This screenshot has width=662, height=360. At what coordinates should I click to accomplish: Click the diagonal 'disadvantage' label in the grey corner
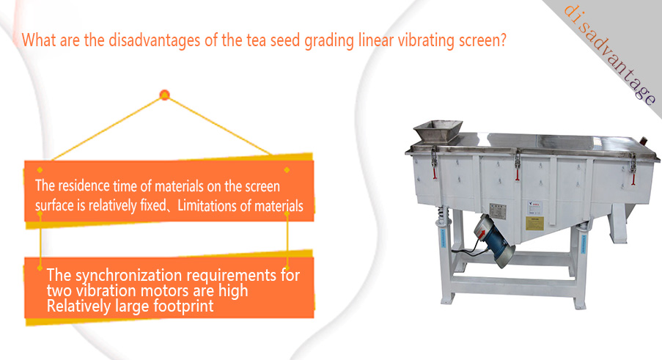[x=610, y=54]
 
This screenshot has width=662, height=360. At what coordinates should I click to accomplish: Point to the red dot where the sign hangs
[x=165, y=95]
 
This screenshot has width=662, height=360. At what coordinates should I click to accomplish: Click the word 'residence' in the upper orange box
[x=84, y=185]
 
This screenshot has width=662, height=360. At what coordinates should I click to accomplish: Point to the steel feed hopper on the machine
[x=438, y=131]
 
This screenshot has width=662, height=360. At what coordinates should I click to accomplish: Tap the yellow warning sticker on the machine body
[x=534, y=224]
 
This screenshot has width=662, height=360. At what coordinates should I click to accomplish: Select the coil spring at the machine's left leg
[x=441, y=215]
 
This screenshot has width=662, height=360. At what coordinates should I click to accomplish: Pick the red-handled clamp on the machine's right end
[x=633, y=169]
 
